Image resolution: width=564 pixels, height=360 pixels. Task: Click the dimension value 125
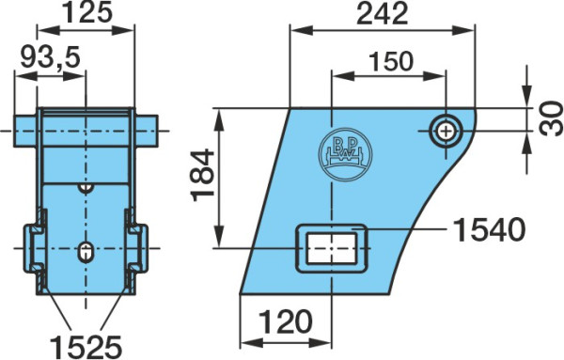pos(87,12)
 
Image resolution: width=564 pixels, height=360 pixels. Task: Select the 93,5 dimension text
pos(50,57)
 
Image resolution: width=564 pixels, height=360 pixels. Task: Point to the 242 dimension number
pos(382,14)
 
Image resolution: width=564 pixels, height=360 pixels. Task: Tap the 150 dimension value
pos(391,61)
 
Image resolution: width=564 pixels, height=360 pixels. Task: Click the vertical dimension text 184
pos(203,175)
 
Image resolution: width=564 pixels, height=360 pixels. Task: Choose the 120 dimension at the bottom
pos(285,321)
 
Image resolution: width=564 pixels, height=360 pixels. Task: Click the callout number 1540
pos(489,229)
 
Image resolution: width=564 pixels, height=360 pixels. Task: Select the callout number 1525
pos(86,347)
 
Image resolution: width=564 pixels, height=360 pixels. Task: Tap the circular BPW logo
pos(345,155)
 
